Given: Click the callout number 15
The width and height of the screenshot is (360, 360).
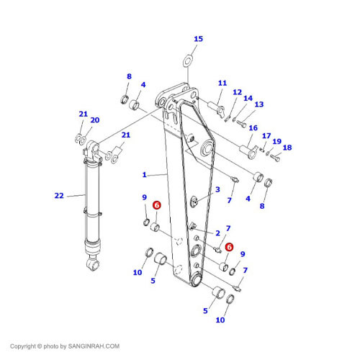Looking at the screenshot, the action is pos(198,39).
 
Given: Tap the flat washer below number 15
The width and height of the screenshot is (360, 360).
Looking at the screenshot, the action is pos(188,61).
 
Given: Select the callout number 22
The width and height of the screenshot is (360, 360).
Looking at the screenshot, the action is pos(59,196).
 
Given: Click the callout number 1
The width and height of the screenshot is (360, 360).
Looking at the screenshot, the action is pos(144,174).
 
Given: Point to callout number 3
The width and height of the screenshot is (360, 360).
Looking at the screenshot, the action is pos(217,189).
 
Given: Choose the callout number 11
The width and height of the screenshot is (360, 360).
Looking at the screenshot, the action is pos(222,83).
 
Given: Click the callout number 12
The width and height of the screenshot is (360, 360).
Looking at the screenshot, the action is pos(237,92).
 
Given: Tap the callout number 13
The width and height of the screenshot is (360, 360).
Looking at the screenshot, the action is pos(259,104).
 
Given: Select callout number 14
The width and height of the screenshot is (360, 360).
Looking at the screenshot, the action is pos(248,98).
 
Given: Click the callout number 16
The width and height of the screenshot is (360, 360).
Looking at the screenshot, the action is pos(253,128).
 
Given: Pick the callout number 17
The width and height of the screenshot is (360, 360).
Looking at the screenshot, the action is pos(266,136).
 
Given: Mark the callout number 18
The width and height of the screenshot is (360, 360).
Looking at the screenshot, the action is pos(287,148).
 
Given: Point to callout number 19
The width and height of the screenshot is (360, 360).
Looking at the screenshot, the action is pos(276,141).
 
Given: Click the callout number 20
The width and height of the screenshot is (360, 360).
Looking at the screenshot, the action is pos(95,120).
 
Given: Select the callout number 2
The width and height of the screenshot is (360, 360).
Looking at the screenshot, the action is pos(217,233).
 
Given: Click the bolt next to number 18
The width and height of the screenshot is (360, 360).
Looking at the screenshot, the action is pos(275,158).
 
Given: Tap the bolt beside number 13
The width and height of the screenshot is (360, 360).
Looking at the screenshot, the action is pos(241,124).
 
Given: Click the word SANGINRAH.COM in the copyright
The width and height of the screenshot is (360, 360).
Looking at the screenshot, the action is pos(94,346).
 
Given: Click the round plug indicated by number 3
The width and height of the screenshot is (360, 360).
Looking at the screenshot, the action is pos(194,201).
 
